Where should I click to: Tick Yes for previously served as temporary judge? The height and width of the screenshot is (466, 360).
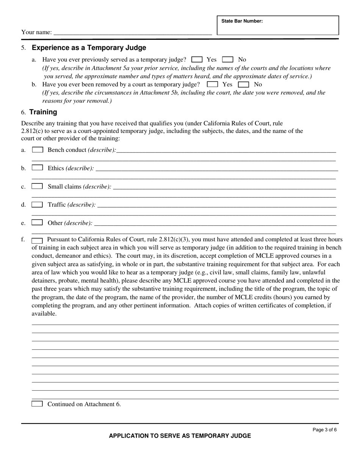pos(197,59)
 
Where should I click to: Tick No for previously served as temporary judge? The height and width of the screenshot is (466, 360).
pos(227,59)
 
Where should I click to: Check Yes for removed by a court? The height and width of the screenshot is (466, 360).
pos(213,84)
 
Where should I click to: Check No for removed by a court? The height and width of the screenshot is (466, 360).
pos(243,84)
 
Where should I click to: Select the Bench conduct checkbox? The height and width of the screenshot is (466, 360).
pos(38,150)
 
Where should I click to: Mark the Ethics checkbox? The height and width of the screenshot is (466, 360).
pos(38,168)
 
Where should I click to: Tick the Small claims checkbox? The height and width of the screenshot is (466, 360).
pos(37,186)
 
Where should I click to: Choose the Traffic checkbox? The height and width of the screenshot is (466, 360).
pos(37,205)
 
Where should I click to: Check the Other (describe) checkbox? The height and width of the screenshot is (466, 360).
pos(37,222)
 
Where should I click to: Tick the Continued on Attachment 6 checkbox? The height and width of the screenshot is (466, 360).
pos(37,404)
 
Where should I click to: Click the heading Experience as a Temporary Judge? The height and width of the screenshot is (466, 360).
pos(89,48)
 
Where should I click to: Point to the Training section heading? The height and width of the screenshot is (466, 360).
pos(43,112)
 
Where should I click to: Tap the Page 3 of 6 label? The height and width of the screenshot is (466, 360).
pos(324,430)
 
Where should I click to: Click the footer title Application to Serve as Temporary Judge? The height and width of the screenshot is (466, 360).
pos(180,436)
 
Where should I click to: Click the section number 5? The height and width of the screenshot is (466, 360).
pos(23,48)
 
